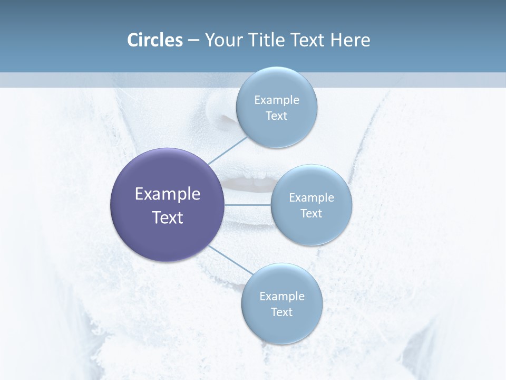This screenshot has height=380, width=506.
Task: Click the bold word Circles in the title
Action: click(x=154, y=40)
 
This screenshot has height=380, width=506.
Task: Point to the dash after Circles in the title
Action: click(x=193, y=41)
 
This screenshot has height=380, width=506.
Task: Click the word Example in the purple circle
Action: click(x=168, y=194)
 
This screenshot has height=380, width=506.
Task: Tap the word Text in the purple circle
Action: click(x=168, y=217)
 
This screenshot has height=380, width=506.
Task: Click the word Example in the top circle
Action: click(x=277, y=100)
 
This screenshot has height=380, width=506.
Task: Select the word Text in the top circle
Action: click(x=277, y=116)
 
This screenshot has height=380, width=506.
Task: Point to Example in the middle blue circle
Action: click(x=312, y=198)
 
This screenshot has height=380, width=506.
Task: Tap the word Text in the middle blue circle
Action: click(x=312, y=214)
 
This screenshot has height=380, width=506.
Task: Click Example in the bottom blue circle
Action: click(x=282, y=297)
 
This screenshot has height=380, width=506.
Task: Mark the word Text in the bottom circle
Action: click(x=282, y=312)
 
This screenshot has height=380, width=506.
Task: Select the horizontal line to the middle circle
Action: click(x=248, y=204)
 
